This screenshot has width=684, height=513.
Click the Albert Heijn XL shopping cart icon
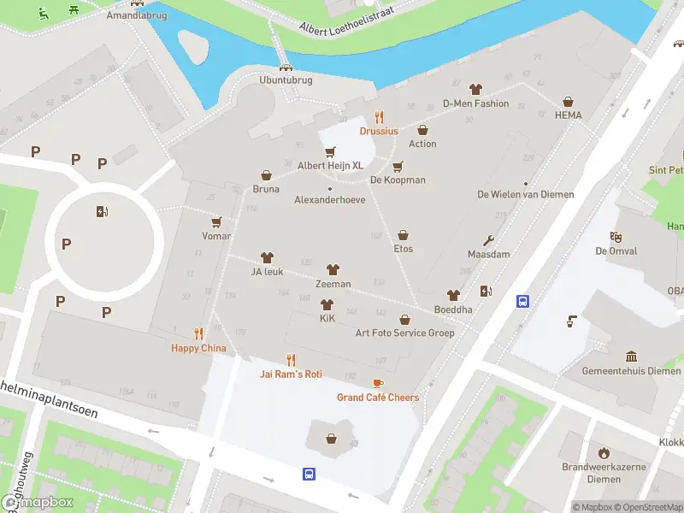click(330, 151)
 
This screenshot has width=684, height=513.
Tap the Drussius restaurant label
click(379, 131)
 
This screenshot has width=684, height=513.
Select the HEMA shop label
click(568, 115)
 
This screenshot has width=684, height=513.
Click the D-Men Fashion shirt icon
click(475, 89)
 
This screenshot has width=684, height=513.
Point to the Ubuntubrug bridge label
click(286, 80)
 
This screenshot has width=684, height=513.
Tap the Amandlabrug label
click(137, 16)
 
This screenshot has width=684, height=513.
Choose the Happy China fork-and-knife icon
click(198, 333)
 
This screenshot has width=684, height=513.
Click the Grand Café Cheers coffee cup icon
click(378, 383)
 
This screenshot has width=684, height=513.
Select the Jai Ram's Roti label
click(291, 374)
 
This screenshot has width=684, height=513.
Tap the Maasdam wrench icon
click(489, 240)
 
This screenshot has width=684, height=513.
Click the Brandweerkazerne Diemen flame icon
click(604, 452)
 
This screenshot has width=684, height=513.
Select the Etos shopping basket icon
click(403, 235)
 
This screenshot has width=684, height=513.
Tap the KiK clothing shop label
click(327, 318)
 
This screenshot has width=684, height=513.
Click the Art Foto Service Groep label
click(405, 333)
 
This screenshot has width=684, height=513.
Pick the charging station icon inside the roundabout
click(103, 212)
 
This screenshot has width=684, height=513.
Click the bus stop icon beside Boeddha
click(522, 301)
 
